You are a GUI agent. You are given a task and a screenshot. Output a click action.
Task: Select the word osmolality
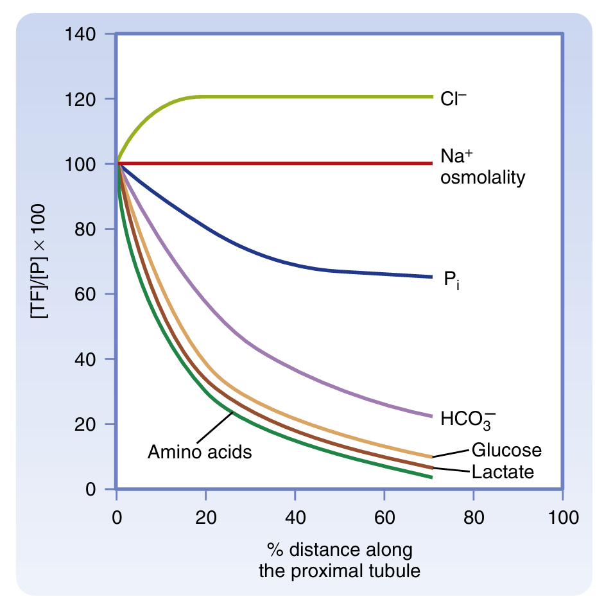[482, 177]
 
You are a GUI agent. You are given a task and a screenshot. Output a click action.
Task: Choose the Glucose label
[506, 450]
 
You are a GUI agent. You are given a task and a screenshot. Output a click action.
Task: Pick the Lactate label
[503, 472]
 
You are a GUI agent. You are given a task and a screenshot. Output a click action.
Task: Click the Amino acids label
[200, 452]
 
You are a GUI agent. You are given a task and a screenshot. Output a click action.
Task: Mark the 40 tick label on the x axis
[295, 517]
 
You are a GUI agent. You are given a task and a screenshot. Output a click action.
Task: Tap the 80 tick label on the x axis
[473, 517]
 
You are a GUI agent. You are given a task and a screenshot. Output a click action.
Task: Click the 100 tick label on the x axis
[562, 517]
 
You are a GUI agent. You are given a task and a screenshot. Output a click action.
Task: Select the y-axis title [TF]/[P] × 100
[42, 261]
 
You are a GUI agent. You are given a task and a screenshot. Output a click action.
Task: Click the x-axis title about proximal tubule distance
[340, 560]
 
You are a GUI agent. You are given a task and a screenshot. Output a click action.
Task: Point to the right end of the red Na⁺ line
[432, 164]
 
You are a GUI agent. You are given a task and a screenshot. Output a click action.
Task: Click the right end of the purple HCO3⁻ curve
[431, 416]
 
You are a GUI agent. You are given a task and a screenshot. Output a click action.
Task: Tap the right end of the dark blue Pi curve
[431, 277]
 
